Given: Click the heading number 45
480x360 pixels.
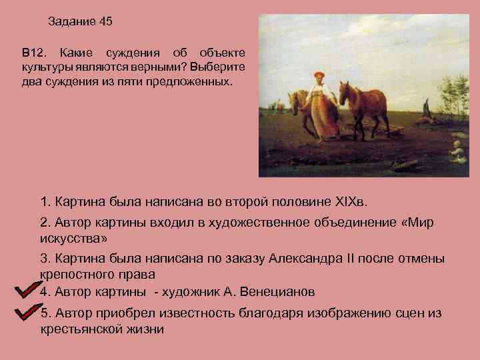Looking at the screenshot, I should point(105,21).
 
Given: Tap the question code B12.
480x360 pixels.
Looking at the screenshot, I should point(31,52).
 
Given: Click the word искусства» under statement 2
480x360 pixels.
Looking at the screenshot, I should point(73,238).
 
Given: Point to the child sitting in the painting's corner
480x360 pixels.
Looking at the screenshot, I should point(457,151).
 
